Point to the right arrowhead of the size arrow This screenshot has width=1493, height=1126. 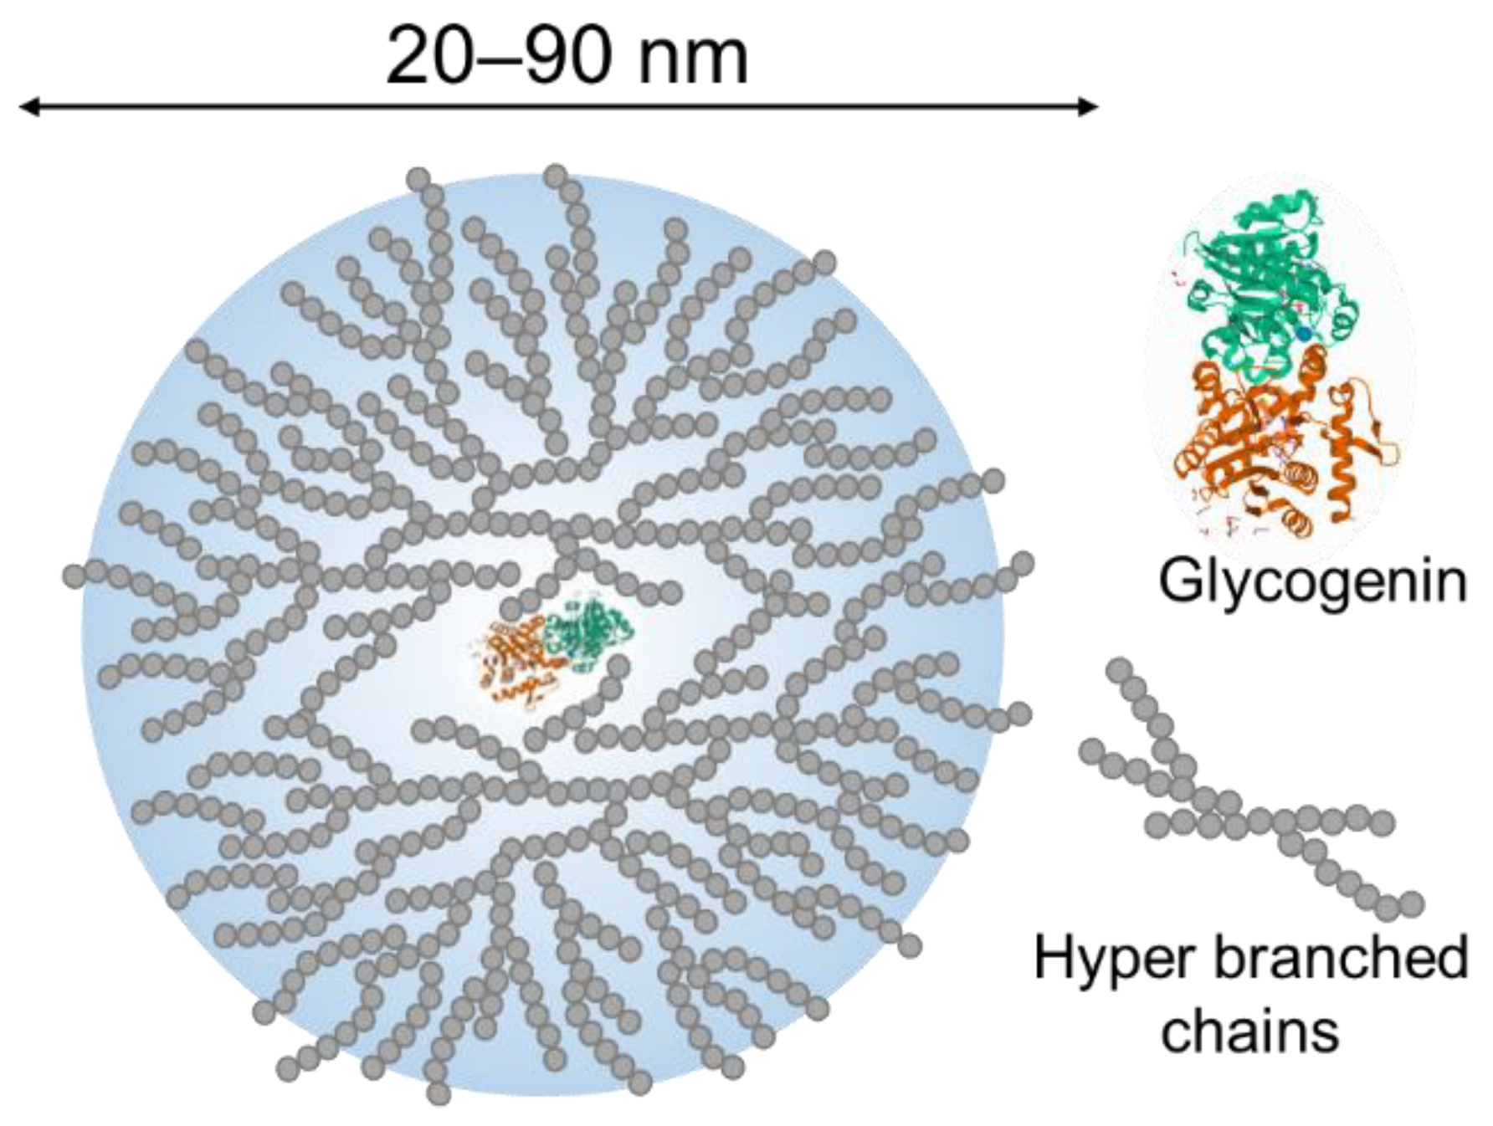pos(1089,106)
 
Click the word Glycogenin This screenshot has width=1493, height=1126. pos(1312,582)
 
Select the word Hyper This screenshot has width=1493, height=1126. pos(1111,959)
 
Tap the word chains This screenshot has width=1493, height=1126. pos(1249,1031)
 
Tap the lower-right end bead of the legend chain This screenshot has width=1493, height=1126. pos(1412,903)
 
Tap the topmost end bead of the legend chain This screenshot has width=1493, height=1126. pos(1119,670)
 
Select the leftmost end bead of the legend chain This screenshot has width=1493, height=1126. pos(1091,750)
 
